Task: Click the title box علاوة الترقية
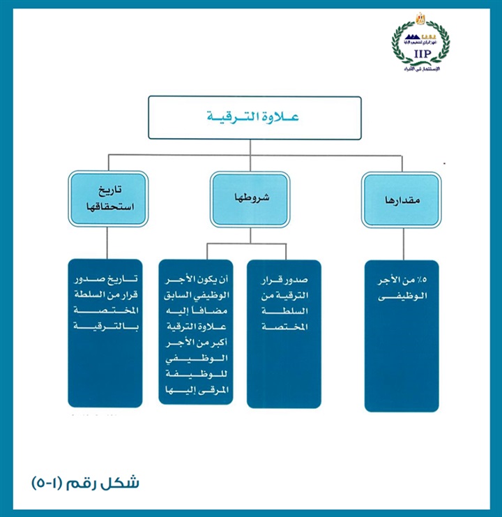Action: pyautogui.click(x=254, y=117)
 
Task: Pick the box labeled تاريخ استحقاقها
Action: pyautogui.click(x=108, y=199)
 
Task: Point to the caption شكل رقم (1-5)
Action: pyautogui.click(x=86, y=483)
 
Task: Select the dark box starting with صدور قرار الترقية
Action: pyautogui.click(x=284, y=334)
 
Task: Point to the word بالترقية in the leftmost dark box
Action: pyautogui.click(x=107, y=327)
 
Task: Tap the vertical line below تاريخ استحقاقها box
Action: pyautogui.click(x=107, y=243)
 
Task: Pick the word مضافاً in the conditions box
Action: pyautogui.click(x=213, y=310)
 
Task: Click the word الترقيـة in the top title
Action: pyautogui.click(x=236, y=117)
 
